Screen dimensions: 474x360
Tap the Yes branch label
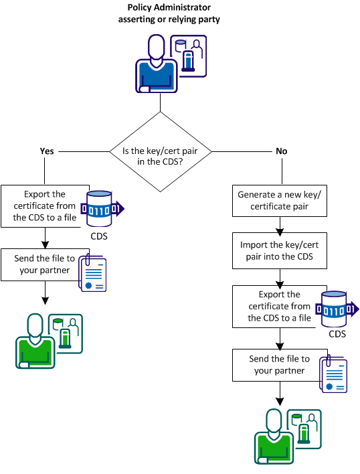tap(47, 151)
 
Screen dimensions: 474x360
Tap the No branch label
tap(281, 151)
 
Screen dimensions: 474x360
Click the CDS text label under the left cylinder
tap(99, 236)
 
